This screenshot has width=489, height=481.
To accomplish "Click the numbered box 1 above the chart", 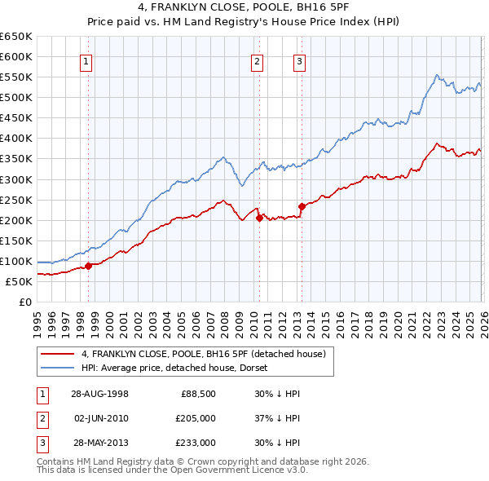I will tap(86, 60).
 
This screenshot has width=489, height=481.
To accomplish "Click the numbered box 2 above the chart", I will tap(257, 60).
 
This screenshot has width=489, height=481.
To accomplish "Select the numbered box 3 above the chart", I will tap(299, 60).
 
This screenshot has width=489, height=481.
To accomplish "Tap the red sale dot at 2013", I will tap(302, 206).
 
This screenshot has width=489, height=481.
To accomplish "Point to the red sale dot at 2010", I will tap(258, 218).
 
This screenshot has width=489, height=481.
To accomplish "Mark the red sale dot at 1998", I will tap(89, 266).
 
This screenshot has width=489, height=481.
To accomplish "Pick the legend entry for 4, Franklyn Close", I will tap(203, 354).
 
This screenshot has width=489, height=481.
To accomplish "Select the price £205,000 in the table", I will tap(196, 418).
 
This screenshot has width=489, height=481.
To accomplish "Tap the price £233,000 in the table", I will tap(196, 443).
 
